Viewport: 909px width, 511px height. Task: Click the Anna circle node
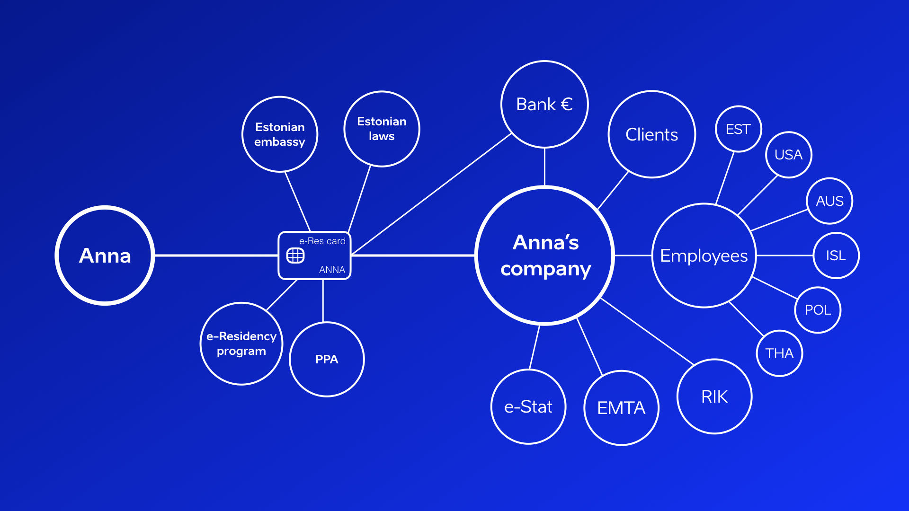(105, 255)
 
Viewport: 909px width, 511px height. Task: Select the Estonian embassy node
(280, 134)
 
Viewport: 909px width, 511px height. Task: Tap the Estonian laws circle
(382, 129)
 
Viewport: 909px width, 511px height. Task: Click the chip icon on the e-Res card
(295, 256)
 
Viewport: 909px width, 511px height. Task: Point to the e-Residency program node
(241, 344)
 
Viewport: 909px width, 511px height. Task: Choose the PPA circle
(327, 359)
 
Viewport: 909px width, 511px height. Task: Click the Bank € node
(544, 104)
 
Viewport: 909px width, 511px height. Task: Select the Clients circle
(652, 134)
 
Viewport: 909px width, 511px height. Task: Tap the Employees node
(704, 255)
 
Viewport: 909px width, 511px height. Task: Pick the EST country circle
(738, 129)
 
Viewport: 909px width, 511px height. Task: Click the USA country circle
(789, 155)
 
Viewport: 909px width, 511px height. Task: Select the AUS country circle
(829, 201)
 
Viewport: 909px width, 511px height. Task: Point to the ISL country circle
(836, 255)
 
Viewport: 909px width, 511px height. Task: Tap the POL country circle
(818, 310)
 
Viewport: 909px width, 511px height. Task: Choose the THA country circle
(779, 353)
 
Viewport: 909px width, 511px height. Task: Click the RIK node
(714, 396)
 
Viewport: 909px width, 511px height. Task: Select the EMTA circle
(621, 408)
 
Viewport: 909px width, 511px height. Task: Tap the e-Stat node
(528, 407)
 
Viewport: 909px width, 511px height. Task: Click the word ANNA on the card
(332, 270)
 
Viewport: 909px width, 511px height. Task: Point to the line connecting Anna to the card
(216, 255)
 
